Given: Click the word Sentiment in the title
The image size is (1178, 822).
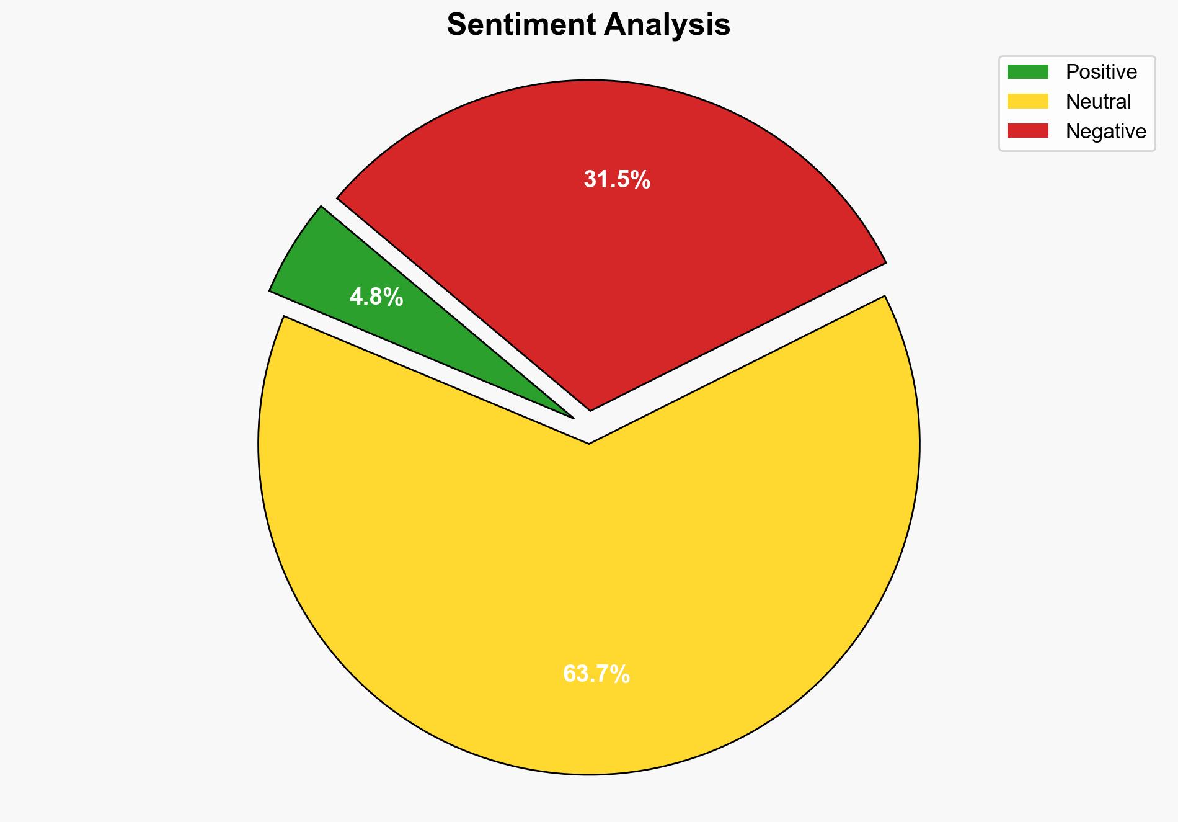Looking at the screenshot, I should (521, 25).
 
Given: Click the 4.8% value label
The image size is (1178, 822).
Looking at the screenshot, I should (376, 298).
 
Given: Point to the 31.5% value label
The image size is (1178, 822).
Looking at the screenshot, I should (617, 180).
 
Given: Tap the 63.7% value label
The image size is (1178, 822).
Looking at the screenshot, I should (596, 674).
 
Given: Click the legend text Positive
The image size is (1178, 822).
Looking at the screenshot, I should (1101, 72).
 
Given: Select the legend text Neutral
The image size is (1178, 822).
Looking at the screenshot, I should (1098, 102).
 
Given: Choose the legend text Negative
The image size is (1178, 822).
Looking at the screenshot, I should (1105, 132).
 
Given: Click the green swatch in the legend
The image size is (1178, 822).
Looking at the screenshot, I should (1027, 72).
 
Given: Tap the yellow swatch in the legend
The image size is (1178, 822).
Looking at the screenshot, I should (1027, 101).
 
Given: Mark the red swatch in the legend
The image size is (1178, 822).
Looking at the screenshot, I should (1027, 131).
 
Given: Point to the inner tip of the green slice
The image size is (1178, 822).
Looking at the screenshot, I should (571, 417).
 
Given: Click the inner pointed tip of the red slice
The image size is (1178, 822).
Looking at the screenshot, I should (590, 409).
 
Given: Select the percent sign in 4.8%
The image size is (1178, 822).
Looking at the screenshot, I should (394, 298).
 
